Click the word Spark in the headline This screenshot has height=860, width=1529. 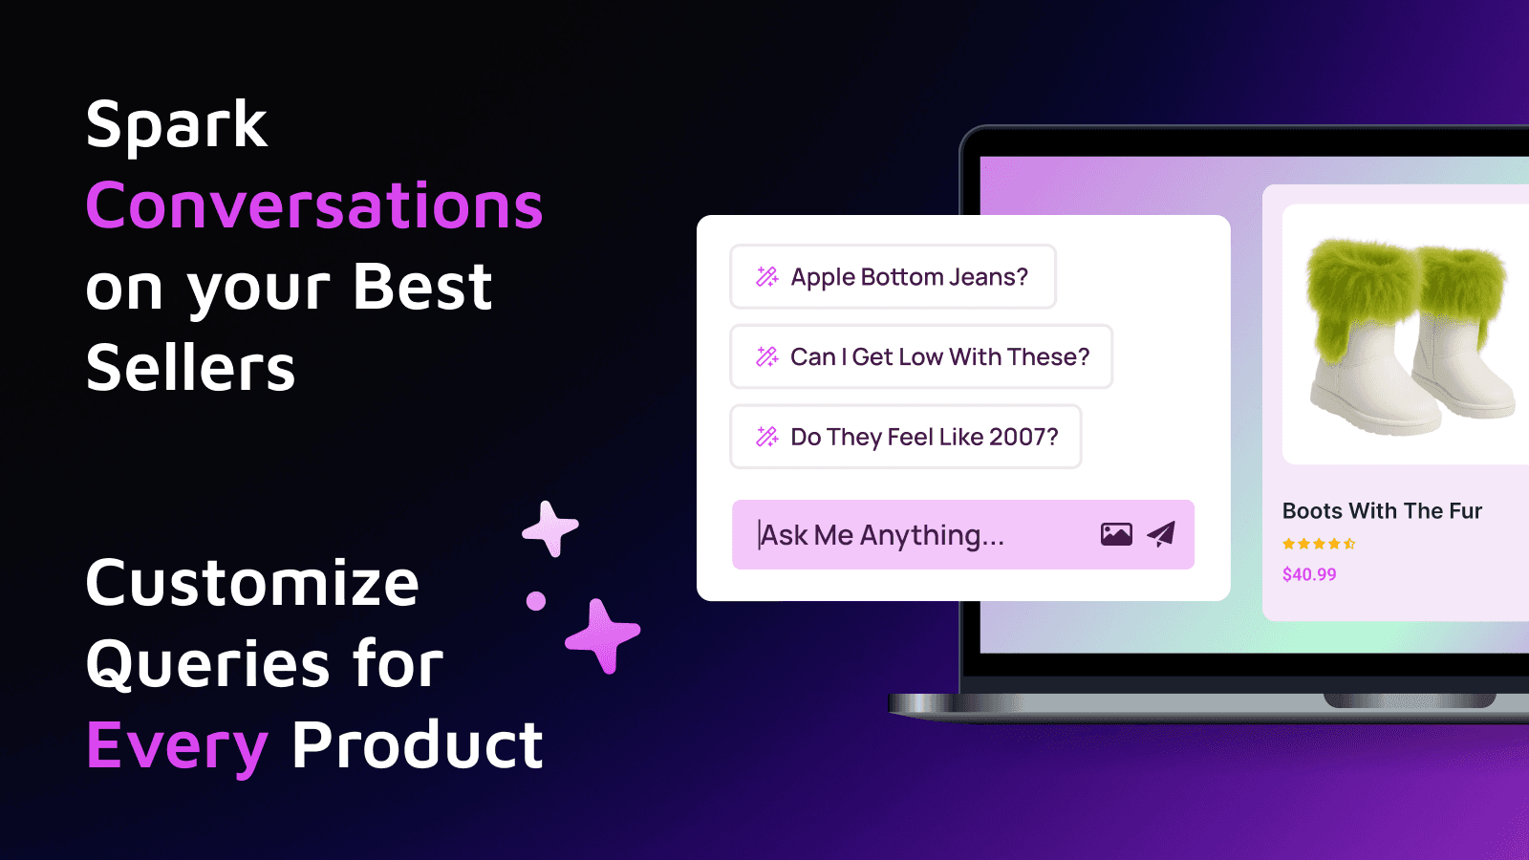[177, 125]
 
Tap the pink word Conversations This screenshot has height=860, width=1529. [314, 205]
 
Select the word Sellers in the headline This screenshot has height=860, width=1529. [191, 369]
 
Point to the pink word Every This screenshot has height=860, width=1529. [178, 746]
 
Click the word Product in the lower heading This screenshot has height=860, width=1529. [418, 745]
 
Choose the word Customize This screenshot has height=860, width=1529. [252, 583]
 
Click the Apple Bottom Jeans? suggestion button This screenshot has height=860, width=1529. [893, 277]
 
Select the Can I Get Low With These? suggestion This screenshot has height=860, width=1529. [921, 357]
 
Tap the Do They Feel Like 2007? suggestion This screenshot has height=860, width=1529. [906, 438]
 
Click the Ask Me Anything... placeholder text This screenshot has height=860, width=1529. [882, 535]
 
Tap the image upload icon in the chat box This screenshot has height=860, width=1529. [1116, 534]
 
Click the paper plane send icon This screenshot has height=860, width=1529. [1161, 534]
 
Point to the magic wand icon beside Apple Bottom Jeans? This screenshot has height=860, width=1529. [767, 277]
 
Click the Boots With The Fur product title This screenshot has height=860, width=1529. [1382, 511]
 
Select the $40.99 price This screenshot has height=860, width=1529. [1309, 574]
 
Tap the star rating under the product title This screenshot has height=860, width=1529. [1319, 544]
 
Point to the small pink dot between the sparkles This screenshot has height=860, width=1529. [536, 601]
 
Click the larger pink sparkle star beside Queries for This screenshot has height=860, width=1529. [602, 635]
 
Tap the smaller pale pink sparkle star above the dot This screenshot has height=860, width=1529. [550, 527]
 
